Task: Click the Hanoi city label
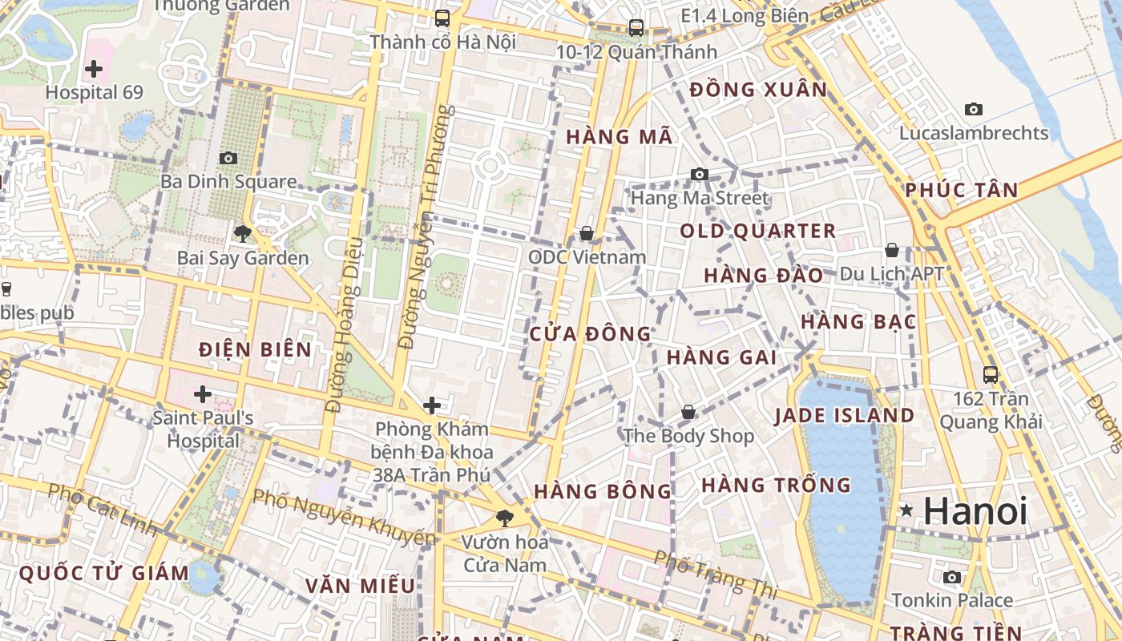pos(975,511)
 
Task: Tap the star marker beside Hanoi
pos(906,510)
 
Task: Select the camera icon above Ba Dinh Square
pos(228,158)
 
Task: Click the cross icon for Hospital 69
pos(94,69)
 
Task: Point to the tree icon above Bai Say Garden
pos(242,234)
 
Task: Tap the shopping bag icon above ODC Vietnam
pos(587,233)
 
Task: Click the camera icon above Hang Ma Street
pos(700,174)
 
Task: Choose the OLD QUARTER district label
pos(757,232)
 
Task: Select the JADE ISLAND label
pos(844,415)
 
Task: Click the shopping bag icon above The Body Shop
pos(688,412)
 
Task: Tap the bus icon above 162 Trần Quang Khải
pos(991,374)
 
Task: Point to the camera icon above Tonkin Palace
pos(952,577)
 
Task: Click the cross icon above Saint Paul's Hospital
pos(203,394)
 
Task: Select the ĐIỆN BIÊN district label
pos(255,349)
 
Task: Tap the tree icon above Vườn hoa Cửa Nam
pos(504,518)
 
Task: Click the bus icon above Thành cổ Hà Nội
pos(442,18)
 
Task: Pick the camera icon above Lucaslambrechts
pos(974,109)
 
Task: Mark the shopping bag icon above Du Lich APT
pos(891,250)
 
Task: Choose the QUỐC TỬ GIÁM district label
pos(103,574)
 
